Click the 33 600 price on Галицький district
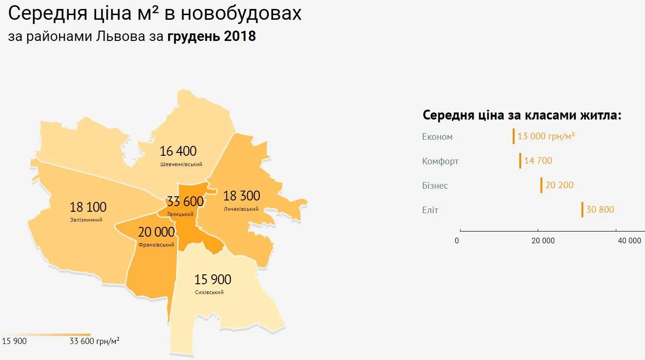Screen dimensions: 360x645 (x=185, y=201)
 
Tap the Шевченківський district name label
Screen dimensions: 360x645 (x=181, y=164)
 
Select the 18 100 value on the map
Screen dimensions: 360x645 (x=88, y=207)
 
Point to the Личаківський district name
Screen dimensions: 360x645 (x=241, y=208)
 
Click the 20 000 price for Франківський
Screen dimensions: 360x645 (x=156, y=232)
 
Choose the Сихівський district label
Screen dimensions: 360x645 (x=209, y=292)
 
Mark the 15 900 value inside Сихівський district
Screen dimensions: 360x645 (x=213, y=280)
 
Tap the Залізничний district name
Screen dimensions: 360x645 (x=86, y=220)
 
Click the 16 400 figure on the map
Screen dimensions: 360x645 (x=178, y=151)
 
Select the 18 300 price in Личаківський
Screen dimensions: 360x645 (x=242, y=195)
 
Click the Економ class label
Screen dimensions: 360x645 (x=437, y=137)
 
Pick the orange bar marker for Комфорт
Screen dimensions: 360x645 (x=520, y=160)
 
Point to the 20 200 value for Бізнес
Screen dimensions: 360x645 (x=559, y=185)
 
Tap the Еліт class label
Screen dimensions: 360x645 (x=430, y=210)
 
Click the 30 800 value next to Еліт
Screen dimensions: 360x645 (x=600, y=209)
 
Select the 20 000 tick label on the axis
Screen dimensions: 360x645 (x=543, y=240)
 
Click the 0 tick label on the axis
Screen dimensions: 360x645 (x=457, y=240)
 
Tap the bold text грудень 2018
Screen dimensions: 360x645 (x=211, y=36)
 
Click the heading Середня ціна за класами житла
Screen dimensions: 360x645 (x=522, y=115)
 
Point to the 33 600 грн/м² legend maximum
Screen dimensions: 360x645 (x=94, y=341)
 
